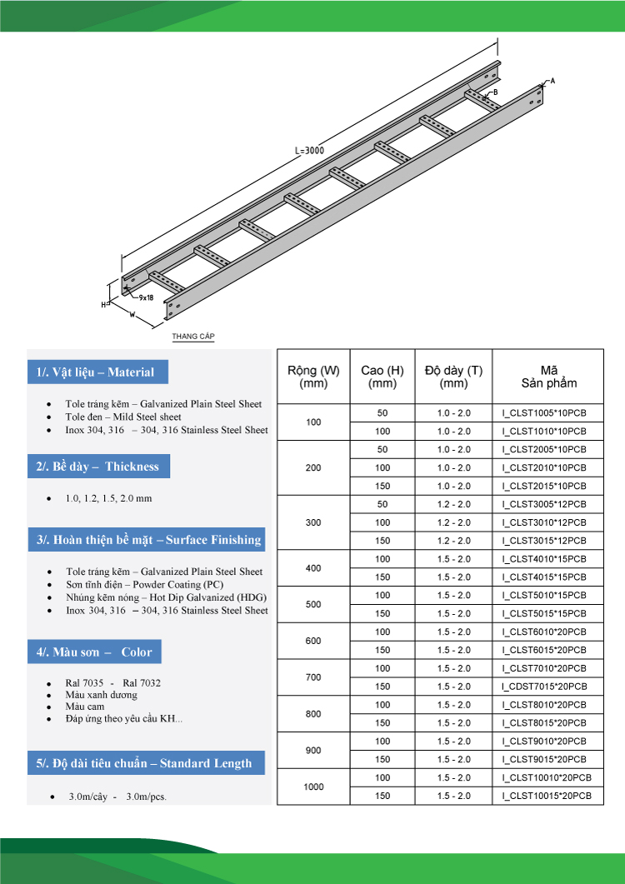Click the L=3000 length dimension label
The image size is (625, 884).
309,151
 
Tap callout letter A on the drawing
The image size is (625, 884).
552,80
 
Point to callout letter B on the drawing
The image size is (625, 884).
495,92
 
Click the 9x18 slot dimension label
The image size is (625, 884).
146,297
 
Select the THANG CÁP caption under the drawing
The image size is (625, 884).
193,337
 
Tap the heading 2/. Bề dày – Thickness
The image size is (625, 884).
97,467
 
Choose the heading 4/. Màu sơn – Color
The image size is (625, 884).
94,652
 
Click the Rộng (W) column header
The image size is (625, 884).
313,377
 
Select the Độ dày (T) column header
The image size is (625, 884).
453,377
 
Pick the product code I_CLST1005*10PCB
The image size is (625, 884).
544,413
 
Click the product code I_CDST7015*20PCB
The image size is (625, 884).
544,687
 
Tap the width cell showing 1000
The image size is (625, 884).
313,787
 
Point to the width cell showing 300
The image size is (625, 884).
313,522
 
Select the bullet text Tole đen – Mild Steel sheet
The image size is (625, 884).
123,417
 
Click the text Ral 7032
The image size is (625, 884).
142,683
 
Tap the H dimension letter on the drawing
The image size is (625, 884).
104,305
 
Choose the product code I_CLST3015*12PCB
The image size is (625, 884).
544,541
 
